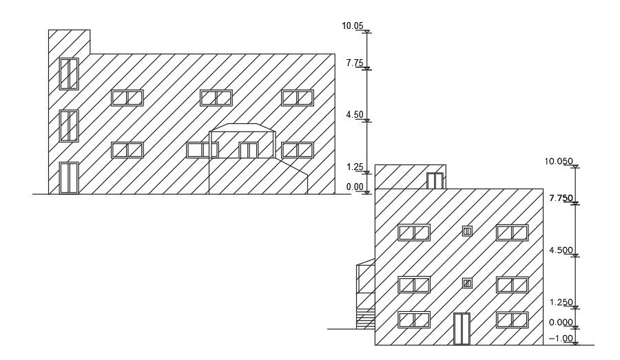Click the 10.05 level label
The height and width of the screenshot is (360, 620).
pyautogui.click(x=352, y=26)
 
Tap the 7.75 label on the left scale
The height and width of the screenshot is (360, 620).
pyautogui.click(x=354, y=63)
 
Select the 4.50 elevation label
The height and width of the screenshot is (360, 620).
pyautogui.click(x=354, y=115)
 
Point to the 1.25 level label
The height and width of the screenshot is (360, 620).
pyautogui.click(x=354, y=167)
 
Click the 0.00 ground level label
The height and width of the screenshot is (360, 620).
pyautogui.click(x=354, y=187)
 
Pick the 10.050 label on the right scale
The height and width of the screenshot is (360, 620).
pyautogui.click(x=559, y=161)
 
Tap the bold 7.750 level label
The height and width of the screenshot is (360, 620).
pyautogui.click(x=561, y=198)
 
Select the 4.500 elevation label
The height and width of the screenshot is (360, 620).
pyautogui.click(x=561, y=251)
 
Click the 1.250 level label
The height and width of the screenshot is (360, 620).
pyautogui.click(x=561, y=302)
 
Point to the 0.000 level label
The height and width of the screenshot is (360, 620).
pyautogui.click(x=561, y=322)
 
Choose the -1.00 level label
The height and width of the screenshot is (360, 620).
pyautogui.click(x=561, y=338)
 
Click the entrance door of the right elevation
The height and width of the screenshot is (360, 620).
pyautogui.click(x=462, y=328)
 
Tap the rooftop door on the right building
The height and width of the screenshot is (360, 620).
pyautogui.click(x=435, y=181)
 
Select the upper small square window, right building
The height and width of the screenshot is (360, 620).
pyautogui.click(x=467, y=231)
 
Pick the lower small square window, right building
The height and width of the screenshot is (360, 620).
pyautogui.click(x=467, y=283)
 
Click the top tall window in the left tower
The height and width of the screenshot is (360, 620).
pyautogui.click(x=69, y=74)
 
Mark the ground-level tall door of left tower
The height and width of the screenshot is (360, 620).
pyautogui.click(x=69, y=178)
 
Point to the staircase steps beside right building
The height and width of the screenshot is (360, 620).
pyautogui.click(x=365, y=319)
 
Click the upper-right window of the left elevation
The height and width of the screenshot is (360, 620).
pyautogui.click(x=298, y=98)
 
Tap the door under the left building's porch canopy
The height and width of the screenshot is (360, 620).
pyautogui.click(x=248, y=150)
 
